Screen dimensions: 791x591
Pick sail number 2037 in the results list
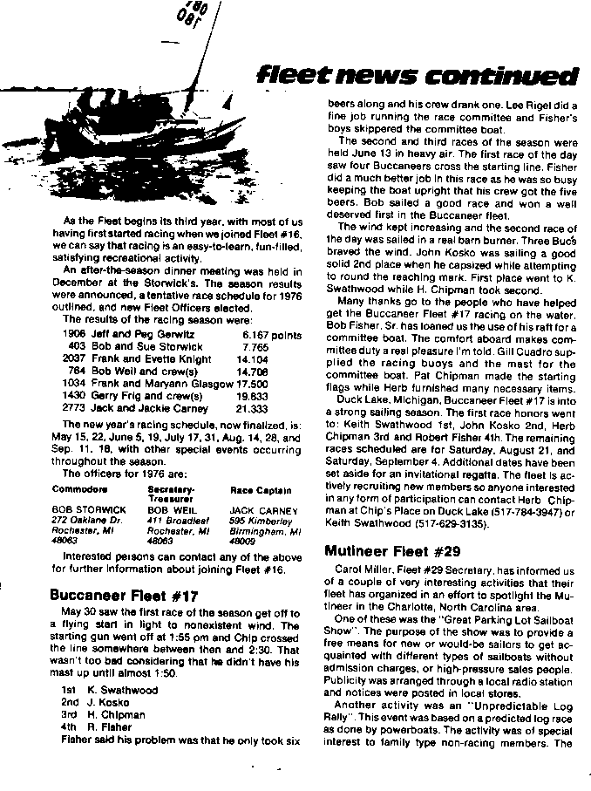[x=75, y=358]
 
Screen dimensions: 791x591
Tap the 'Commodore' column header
[x=80, y=489]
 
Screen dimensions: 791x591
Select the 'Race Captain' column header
[x=261, y=490]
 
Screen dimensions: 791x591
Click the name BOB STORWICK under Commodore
[x=89, y=508]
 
